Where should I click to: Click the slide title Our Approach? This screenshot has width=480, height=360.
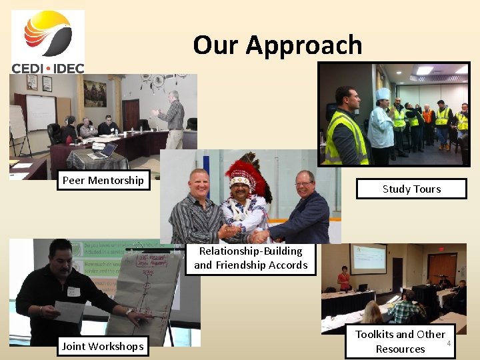[x=277, y=45]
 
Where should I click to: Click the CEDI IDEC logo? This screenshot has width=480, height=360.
[x=47, y=41]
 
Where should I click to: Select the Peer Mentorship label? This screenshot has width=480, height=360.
[x=103, y=180]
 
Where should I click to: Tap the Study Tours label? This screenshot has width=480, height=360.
[x=411, y=189]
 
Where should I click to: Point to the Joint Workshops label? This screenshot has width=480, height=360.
[x=103, y=346]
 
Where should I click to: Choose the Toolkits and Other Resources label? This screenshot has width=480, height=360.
[x=399, y=341]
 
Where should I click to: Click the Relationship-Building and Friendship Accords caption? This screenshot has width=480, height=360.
[x=251, y=258]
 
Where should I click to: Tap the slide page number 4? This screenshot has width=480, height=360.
[x=449, y=343]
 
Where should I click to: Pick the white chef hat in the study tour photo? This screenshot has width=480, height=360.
[x=383, y=95]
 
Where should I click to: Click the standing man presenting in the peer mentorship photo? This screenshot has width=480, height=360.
[x=173, y=118]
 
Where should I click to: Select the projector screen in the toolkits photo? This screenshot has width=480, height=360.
[x=368, y=259]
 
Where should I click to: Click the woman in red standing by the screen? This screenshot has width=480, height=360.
[x=344, y=279]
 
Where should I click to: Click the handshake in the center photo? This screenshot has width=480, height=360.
[x=257, y=236]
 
